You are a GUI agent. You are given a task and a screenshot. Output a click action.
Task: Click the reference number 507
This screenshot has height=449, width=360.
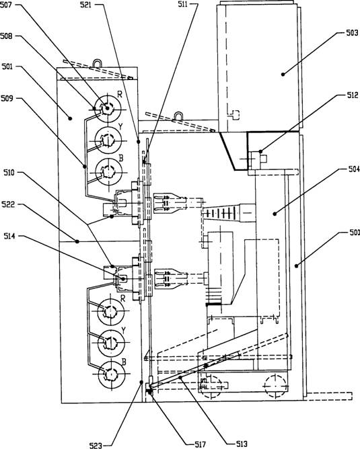pos(5,5)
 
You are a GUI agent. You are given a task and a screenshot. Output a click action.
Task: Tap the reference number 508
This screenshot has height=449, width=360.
pos(6,36)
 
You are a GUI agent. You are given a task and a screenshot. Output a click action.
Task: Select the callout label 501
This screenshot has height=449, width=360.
pos(7,67)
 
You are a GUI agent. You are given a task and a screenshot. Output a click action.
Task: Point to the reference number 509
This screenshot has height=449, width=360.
pos(7,99)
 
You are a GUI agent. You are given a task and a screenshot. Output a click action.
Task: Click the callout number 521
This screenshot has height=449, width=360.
pos(86,5)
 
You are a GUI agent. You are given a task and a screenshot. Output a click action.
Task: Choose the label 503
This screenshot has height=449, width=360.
pos(352,33)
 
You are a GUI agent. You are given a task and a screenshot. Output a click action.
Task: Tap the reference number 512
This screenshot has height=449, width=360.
pos(353,95)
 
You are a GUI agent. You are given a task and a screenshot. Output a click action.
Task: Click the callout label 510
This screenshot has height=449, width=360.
pos(9,172)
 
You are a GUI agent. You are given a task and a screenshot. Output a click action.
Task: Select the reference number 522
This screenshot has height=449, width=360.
pos(8,204)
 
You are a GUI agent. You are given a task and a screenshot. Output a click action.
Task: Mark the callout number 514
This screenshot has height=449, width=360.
pos(9,236)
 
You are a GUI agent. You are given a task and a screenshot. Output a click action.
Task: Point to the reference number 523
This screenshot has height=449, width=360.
pos(96,445)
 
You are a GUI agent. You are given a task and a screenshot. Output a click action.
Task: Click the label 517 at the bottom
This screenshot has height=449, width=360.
pos(200,444)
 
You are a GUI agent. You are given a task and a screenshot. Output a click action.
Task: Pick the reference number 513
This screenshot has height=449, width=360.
pos(242,444)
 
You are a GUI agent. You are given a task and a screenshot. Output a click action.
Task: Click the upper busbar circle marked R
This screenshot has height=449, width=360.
pos(108,108)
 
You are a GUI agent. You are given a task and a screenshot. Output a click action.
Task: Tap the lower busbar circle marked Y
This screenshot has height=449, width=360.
pos(110,343)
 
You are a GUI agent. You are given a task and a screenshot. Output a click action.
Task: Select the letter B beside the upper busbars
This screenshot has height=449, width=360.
pos(121,158)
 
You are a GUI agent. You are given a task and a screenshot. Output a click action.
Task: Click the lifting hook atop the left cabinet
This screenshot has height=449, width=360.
pos(98,63)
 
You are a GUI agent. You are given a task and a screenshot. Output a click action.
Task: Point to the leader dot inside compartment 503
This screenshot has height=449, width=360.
pos(283,75)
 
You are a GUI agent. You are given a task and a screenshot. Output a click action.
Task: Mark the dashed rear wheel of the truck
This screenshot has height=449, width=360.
pos(275,385)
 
